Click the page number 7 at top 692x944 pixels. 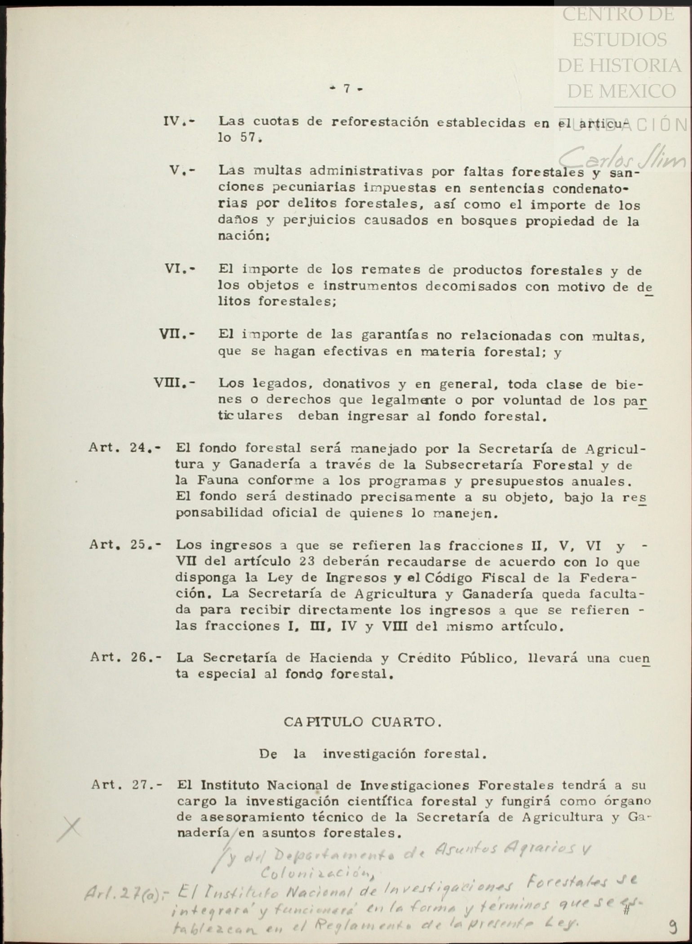pyautogui.click(x=346, y=89)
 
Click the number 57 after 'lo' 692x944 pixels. pyautogui.click(x=248, y=138)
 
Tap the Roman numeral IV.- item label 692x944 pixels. pyautogui.click(x=179, y=121)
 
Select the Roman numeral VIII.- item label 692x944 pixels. pyautogui.click(x=174, y=384)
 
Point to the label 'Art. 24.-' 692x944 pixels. pyautogui.click(x=124, y=448)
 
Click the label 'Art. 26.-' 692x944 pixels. pyautogui.click(x=125, y=658)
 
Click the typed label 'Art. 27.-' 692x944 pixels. pyautogui.click(x=127, y=785)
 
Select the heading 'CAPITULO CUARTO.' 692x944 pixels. pyautogui.click(x=359, y=722)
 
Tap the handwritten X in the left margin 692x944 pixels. pyautogui.click(x=70, y=828)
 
